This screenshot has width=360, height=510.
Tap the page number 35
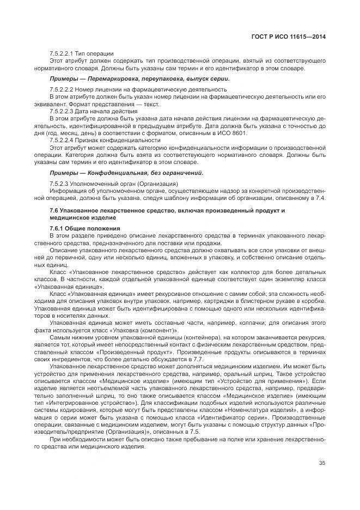coord(322,464)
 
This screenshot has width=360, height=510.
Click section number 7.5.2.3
coord(60,183)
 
